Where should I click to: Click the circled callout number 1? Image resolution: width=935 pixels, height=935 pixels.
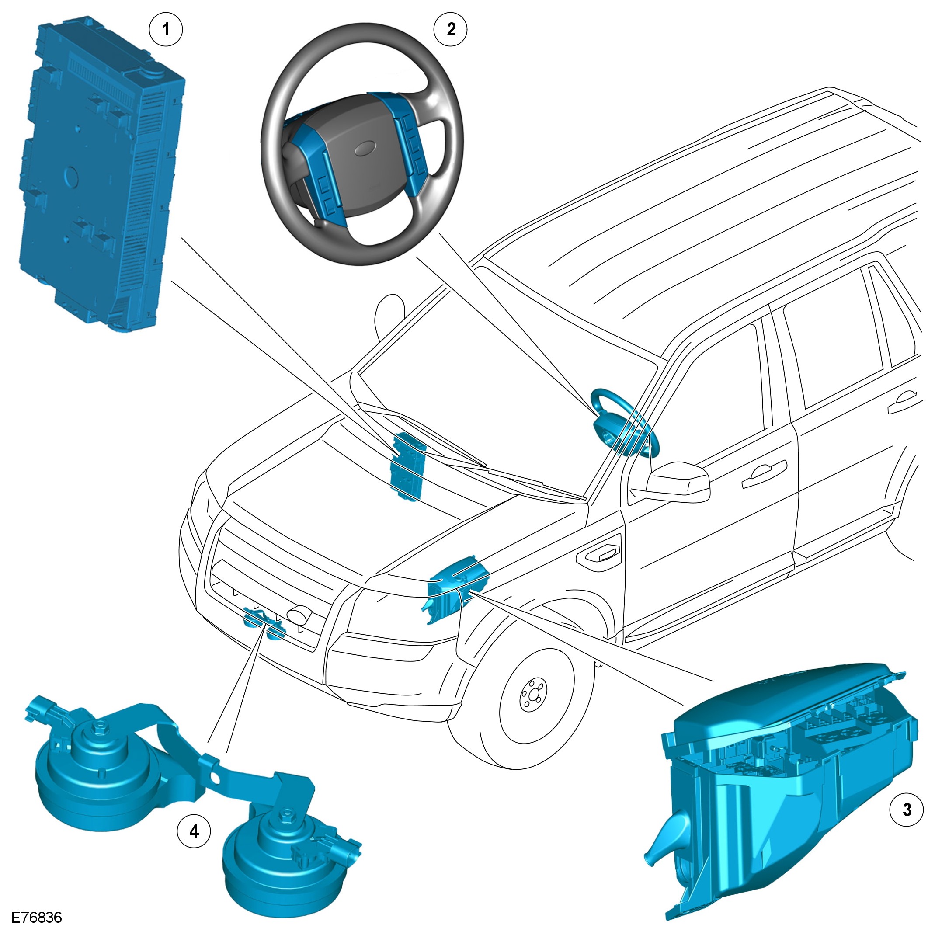pyautogui.click(x=166, y=30)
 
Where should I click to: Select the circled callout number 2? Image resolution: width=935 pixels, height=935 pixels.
pyautogui.click(x=451, y=30)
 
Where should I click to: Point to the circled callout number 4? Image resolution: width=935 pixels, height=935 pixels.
pyautogui.click(x=194, y=831)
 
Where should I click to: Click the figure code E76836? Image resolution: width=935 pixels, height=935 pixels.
pyautogui.click(x=37, y=918)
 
